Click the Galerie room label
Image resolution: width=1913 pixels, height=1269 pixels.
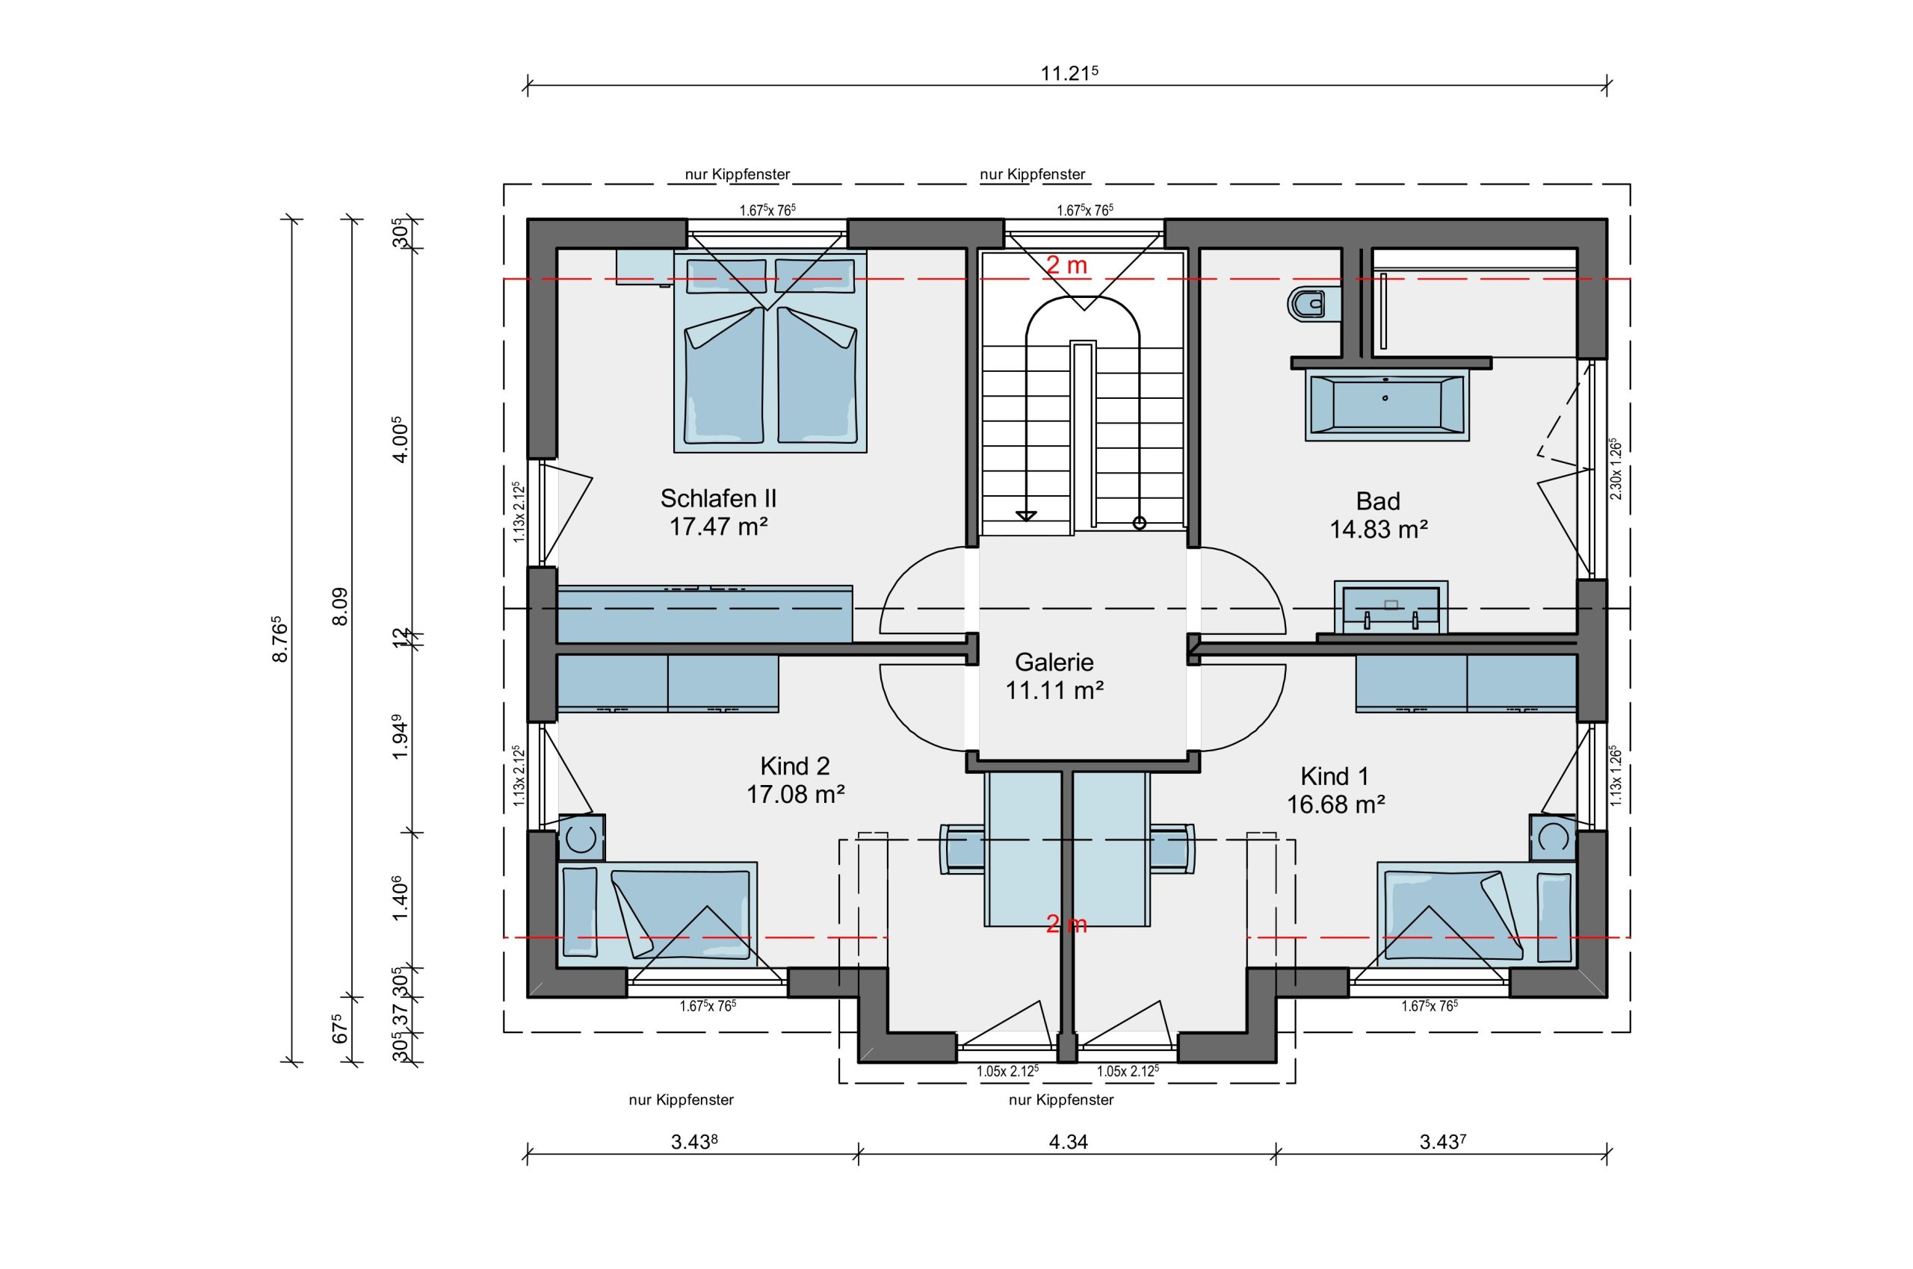pos(1054,663)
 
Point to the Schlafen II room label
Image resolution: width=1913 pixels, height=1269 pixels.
pos(718,497)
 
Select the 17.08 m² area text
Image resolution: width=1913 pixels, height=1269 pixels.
pos(795,795)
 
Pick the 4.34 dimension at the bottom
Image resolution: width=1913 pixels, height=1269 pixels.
pos(1068,1142)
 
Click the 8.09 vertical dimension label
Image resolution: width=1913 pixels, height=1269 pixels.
pos(340,606)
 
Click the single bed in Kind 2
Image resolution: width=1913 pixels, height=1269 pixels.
pos(658,913)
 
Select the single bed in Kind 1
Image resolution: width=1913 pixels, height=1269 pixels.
pos(1477,913)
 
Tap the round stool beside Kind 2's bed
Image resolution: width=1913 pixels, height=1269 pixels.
pos(581,837)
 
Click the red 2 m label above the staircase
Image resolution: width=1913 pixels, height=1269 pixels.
pos(1067,264)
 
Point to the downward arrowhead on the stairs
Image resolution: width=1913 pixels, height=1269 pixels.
pos(1027,516)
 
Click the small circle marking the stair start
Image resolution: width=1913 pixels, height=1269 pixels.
pos(1139,523)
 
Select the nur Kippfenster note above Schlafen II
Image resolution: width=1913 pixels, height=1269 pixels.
pos(738,174)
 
